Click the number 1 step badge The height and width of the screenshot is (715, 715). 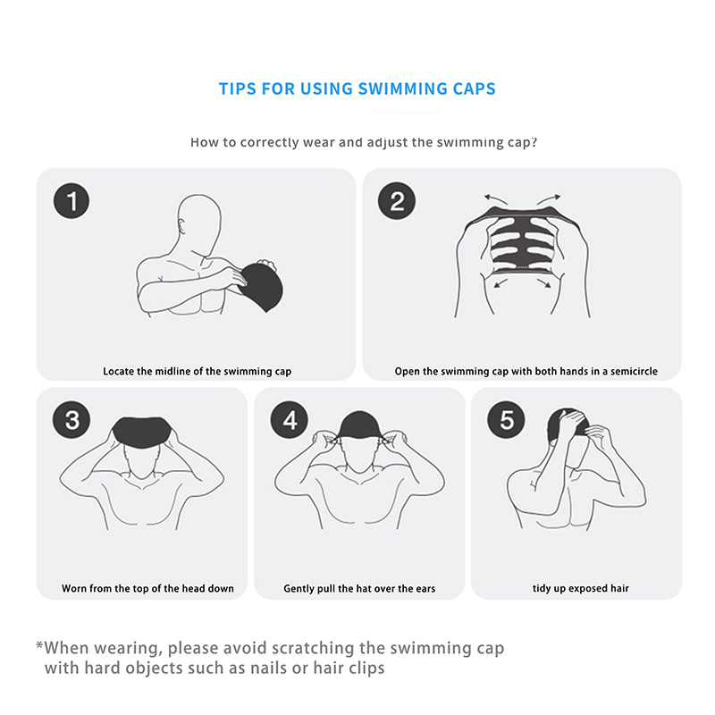pos(71,200)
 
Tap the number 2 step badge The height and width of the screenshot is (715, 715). pos(397,200)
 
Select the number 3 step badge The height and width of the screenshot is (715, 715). pos(71,420)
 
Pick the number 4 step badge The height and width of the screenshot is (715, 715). pos(289,420)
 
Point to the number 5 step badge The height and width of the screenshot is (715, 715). pos(506,420)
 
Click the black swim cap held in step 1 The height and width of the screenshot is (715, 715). pos(261,286)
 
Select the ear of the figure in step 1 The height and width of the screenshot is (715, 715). pos(182,226)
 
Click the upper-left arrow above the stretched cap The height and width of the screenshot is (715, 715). pos(496,199)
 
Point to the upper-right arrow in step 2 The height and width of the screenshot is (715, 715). pos(549,199)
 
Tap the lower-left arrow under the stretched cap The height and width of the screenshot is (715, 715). pos(501,283)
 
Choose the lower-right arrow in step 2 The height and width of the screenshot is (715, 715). pos(543,283)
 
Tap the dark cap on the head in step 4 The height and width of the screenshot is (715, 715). pos(360,425)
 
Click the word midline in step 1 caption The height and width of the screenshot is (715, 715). pos(172,371)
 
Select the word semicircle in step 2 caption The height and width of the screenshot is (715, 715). pos(634,371)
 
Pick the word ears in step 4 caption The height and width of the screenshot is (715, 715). pos(425,589)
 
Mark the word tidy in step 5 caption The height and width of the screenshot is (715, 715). pos(542,589)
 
